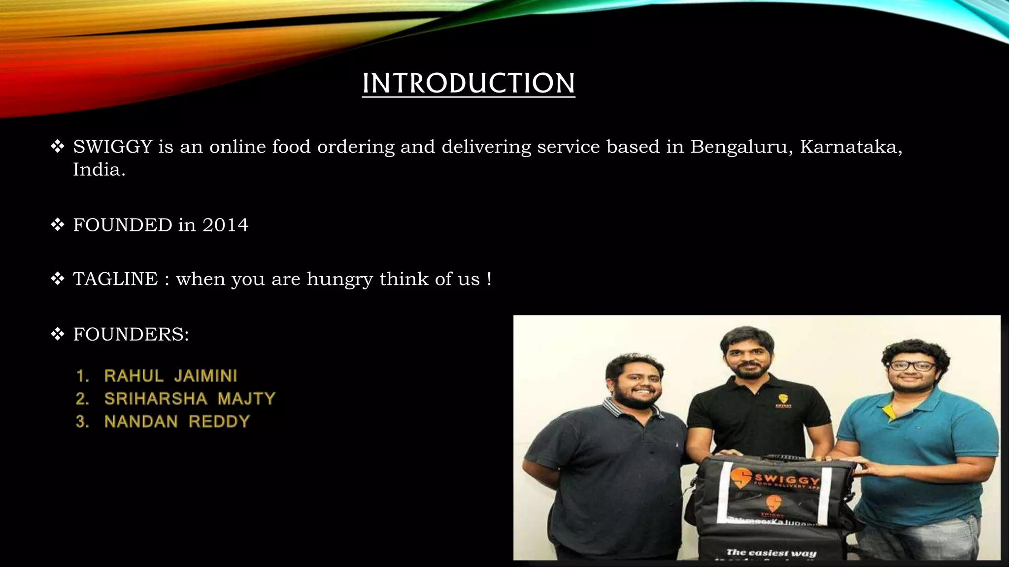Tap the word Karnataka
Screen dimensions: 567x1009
coord(850,147)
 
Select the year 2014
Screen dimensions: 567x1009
coord(225,225)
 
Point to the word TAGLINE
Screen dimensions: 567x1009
coord(115,279)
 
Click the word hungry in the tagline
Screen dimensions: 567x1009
coord(339,280)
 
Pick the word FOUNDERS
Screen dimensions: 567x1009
coord(131,334)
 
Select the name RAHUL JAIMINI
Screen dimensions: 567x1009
coord(170,376)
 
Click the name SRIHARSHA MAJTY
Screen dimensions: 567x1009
coord(190,399)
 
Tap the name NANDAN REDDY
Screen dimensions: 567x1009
coord(177,422)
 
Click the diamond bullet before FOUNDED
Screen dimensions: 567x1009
coord(58,225)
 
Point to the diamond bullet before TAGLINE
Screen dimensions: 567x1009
coord(58,279)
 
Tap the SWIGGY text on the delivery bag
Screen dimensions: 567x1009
coord(787,479)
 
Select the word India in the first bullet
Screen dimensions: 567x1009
coord(99,170)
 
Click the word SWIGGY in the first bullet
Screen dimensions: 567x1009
coord(112,147)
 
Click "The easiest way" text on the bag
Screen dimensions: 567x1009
coord(771,553)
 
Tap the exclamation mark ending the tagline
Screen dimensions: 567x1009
coord(489,279)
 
